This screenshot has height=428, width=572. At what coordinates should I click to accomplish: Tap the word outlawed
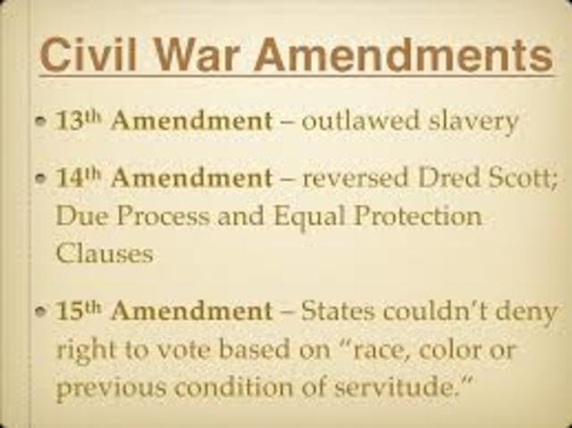(351, 121)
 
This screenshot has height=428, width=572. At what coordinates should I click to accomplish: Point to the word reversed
(355, 179)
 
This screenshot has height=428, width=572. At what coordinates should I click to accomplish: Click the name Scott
(525, 179)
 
